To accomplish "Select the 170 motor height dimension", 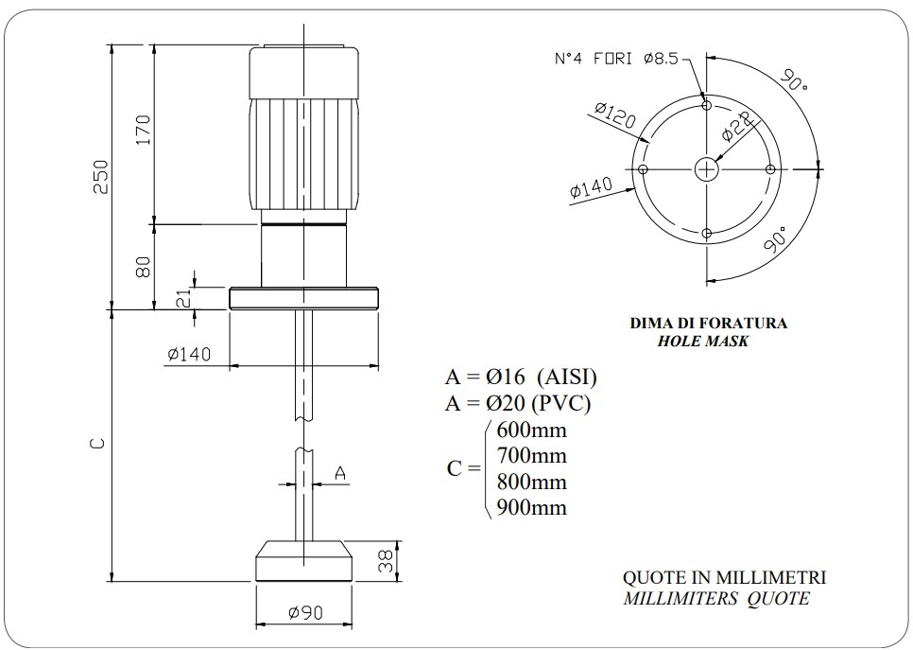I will [143, 131].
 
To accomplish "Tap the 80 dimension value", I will [143, 267].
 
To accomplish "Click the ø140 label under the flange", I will [188, 355].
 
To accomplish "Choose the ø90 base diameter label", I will [304, 613].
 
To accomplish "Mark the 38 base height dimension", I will [385, 561].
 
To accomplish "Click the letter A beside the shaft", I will [340, 472].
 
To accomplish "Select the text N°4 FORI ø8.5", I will [615, 59].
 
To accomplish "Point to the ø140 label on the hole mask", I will [591, 187].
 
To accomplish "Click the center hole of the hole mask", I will [706, 169].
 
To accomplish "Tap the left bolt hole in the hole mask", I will [642, 169].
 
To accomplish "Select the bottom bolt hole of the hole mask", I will [706, 234].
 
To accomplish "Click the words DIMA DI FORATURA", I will [708, 324].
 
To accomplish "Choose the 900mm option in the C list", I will [531, 508].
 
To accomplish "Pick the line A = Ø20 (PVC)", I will [517, 403].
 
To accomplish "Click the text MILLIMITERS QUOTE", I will [715, 598].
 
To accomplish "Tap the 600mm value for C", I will [531, 430].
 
